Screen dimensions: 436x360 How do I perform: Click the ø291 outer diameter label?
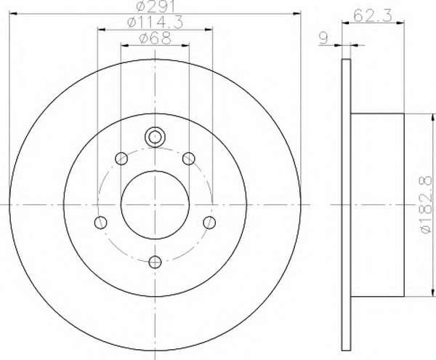click(x=156, y=6)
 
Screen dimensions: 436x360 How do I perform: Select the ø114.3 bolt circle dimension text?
click(x=156, y=23)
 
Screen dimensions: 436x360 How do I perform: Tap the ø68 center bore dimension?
click(x=155, y=38)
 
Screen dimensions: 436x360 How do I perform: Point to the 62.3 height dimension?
click(x=373, y=15)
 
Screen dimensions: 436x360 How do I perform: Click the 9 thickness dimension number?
click(x=323, y=38)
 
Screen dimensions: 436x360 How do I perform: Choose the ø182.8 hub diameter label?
click(x=426, y=205)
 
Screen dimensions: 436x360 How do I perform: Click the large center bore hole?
click(x=155, y=205)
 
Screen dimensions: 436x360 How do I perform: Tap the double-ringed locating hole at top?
click(x=155, y=137)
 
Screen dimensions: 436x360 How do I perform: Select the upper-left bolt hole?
click(x=121, y=159)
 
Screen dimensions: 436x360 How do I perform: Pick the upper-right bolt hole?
click(x=188, y=159)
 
